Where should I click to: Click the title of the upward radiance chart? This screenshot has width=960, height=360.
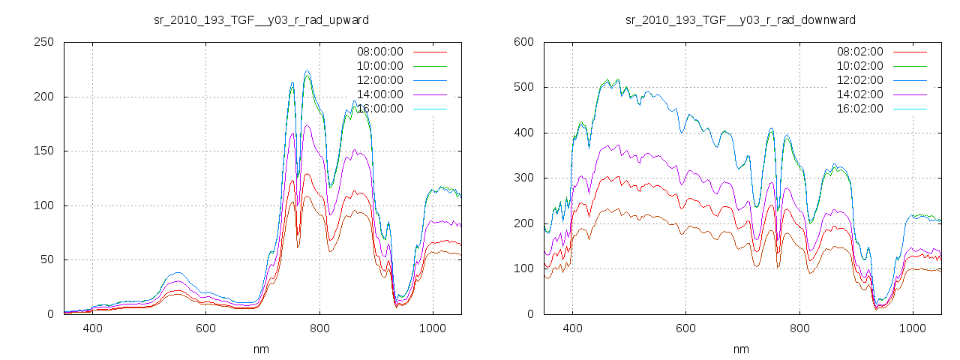point(261,19)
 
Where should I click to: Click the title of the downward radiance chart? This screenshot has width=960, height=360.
point(741,19)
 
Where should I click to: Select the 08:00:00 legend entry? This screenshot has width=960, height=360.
point(379,52)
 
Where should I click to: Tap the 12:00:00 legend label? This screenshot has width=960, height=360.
point(379,80)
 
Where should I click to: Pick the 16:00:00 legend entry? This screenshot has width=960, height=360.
point(379,109)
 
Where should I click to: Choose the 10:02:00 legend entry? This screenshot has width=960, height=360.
point(859,66)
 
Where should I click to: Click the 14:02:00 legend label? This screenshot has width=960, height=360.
point(859,94)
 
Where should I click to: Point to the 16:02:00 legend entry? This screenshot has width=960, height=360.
point(859,109)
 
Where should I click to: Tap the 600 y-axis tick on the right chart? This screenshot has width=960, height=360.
point(524,42)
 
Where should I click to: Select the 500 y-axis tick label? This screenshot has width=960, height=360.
point(524,87)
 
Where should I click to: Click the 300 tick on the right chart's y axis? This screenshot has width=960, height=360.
point(524,178)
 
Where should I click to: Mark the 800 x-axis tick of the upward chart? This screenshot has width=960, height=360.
point(319,328)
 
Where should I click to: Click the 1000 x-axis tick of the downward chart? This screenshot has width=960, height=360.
point(912,328)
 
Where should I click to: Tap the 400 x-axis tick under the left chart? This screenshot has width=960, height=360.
point(93,328)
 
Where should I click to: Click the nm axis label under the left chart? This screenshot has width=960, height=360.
point(261,349)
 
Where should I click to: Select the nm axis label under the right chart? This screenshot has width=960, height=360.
point(741,349)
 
